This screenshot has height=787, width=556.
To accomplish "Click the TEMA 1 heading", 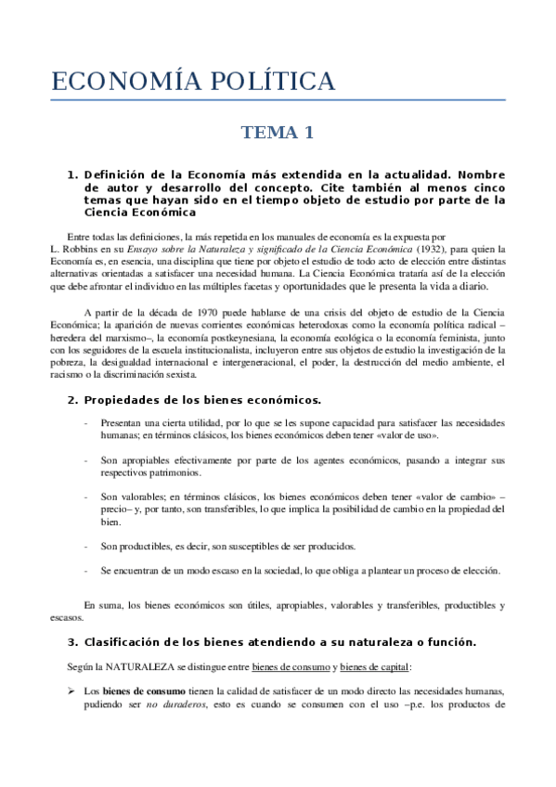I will (x=278, y=133).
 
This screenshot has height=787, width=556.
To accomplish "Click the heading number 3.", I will (x=72, y=642).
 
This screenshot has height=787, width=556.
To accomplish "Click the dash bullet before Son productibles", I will (x=86, y=546).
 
